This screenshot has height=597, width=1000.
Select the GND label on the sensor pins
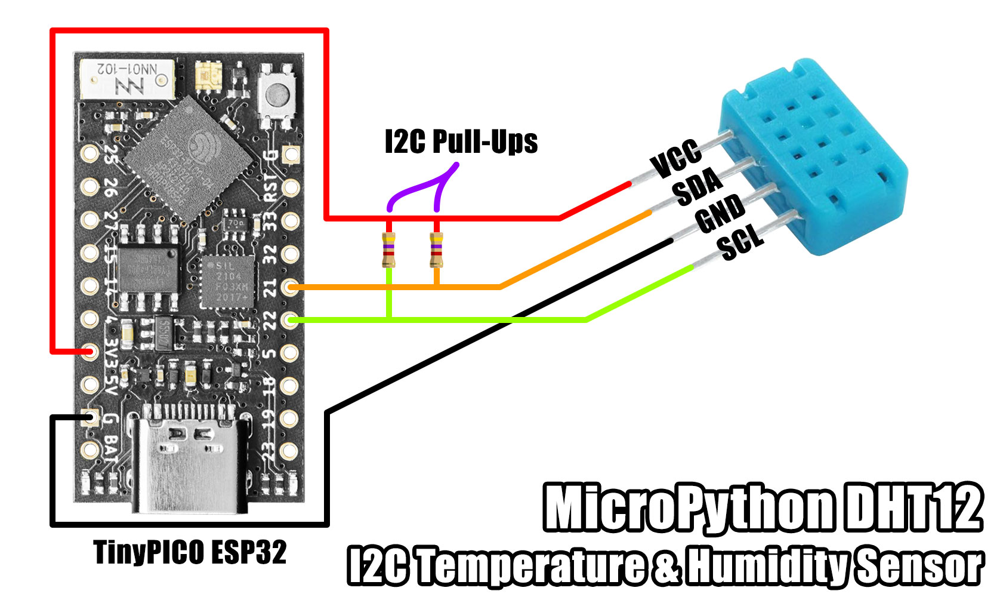pos(720,213)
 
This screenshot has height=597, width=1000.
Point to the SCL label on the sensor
pos(740,241)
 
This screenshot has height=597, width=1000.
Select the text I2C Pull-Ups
pos(461,142)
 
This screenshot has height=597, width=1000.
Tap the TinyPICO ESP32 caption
pos(190,552)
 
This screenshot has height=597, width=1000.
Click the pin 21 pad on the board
pos(290,288)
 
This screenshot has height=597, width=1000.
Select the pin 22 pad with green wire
pos(290,321)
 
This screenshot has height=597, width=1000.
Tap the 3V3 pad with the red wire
pos(90,352)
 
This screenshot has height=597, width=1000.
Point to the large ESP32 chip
pos(190,158)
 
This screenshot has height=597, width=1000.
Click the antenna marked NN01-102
pos(128,78)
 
